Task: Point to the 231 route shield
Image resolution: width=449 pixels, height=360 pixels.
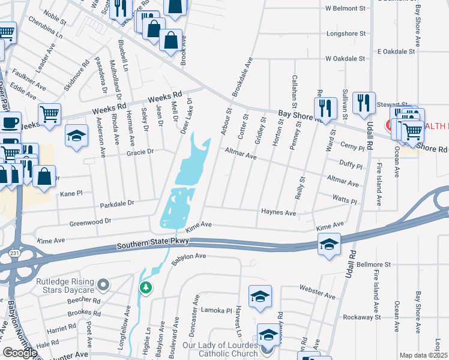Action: [14, 254]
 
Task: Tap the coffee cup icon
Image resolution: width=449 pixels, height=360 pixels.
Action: [10, 123]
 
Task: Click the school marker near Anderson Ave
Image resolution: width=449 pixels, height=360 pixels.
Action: [77, 136]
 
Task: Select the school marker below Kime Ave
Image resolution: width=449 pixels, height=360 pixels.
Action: [329, 244]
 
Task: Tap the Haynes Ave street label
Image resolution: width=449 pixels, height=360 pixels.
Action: [279, 212]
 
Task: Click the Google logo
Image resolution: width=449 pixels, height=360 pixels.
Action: [19, 353]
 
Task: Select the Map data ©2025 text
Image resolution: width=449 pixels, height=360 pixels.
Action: [424, 355]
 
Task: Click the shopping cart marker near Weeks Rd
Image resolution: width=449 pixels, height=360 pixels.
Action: [49, 113]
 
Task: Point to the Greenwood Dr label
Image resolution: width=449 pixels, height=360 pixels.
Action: [91, 221]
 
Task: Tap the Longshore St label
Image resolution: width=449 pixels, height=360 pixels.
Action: [346, 34]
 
